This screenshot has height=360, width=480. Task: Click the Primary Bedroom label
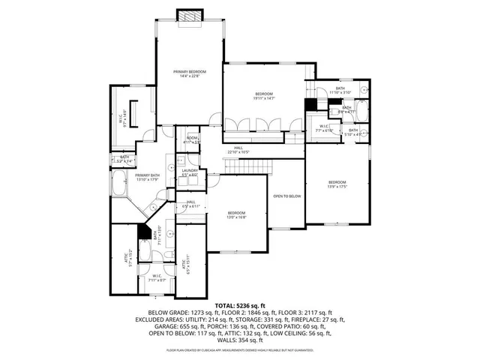coord(190,72)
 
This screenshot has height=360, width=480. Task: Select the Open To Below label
coord(286,195)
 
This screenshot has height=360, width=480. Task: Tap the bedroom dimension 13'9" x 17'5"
coord(337,187)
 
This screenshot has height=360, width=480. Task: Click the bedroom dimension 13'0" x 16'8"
coord(237,217)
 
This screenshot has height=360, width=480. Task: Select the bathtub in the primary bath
coord(120,181)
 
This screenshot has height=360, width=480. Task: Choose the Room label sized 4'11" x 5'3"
coord(193,141)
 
